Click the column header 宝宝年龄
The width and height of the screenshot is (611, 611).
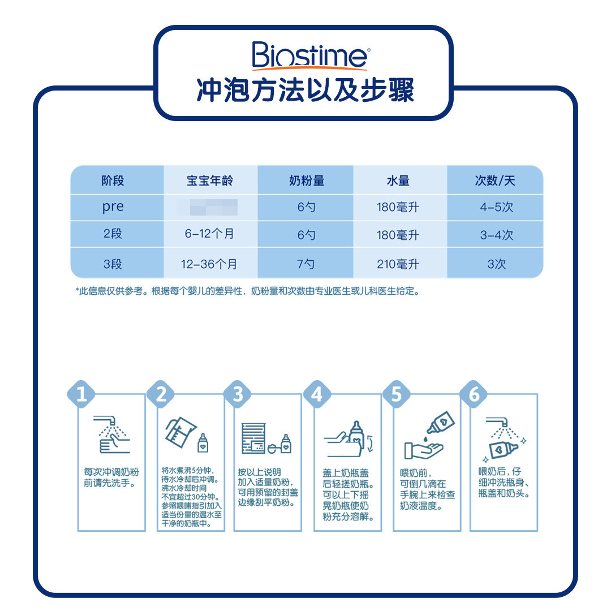point(210,181)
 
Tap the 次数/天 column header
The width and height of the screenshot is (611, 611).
point(495,181)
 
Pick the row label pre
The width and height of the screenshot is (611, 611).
point(113,207)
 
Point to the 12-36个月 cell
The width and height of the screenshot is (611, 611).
point(210,264)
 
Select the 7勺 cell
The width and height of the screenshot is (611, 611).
point(306,264)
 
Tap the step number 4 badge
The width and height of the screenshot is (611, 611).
point(316,394)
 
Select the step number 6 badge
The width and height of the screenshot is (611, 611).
point(474,394)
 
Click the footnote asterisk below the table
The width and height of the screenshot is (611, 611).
point(78,291)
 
